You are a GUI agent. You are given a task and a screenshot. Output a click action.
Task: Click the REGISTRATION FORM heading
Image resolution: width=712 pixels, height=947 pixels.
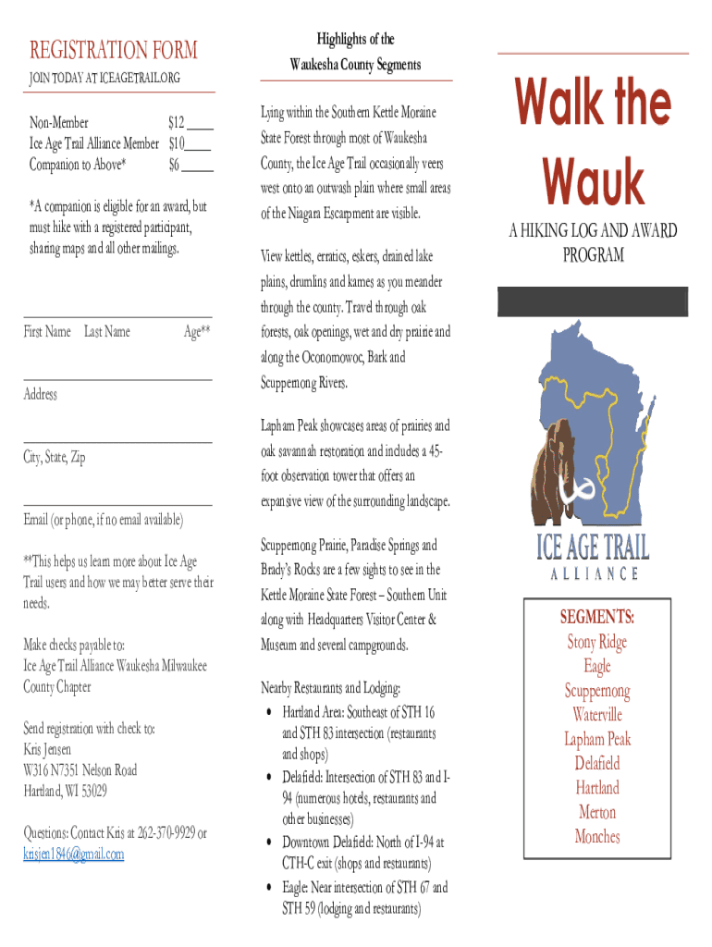(x=113, y=49)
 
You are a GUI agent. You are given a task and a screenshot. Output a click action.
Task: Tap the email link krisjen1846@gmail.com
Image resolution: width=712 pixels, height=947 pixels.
(x=73, y=854)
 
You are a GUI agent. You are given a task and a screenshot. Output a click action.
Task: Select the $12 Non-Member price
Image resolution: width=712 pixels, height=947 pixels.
(x=179, y=121)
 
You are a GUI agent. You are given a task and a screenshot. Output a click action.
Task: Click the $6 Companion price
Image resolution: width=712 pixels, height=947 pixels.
(x=174, y=165)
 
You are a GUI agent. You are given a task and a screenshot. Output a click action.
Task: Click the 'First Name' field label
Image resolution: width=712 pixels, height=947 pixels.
(x=47, y=332)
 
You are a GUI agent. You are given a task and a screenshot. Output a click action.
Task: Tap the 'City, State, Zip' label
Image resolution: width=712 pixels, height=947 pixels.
(x=55, y=458)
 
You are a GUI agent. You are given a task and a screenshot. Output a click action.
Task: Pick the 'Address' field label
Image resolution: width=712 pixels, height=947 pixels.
(x=41, y=395)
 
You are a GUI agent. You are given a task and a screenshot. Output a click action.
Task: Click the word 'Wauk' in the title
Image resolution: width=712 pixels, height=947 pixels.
(x=593, y=182)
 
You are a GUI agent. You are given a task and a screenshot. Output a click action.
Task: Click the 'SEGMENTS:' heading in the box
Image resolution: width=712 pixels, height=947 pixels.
(x=596, y=617)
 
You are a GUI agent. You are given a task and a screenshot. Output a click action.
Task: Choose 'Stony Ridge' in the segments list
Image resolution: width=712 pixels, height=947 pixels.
(x=596, y=642)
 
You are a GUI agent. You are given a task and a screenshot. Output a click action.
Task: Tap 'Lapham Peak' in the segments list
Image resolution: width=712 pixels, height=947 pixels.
(x=597, y=739)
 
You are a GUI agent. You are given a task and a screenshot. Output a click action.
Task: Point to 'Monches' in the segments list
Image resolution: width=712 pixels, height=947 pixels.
(x=597, y=837)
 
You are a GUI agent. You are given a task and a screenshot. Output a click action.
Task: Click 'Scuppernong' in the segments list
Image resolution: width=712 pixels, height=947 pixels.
(x=597, y=691)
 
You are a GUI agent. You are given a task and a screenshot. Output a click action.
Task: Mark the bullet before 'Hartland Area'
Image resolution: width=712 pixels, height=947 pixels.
(x=268, y=713)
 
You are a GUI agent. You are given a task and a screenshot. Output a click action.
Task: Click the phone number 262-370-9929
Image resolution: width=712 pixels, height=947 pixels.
(x=162, y=833)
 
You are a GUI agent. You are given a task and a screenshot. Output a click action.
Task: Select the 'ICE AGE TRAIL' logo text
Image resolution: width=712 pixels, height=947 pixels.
(x=593, y=546)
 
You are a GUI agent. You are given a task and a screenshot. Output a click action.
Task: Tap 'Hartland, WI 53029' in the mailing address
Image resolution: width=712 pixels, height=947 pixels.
(x=65, y=791)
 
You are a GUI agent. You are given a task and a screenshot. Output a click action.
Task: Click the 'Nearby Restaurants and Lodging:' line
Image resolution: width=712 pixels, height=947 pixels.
(x=330, y=688)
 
